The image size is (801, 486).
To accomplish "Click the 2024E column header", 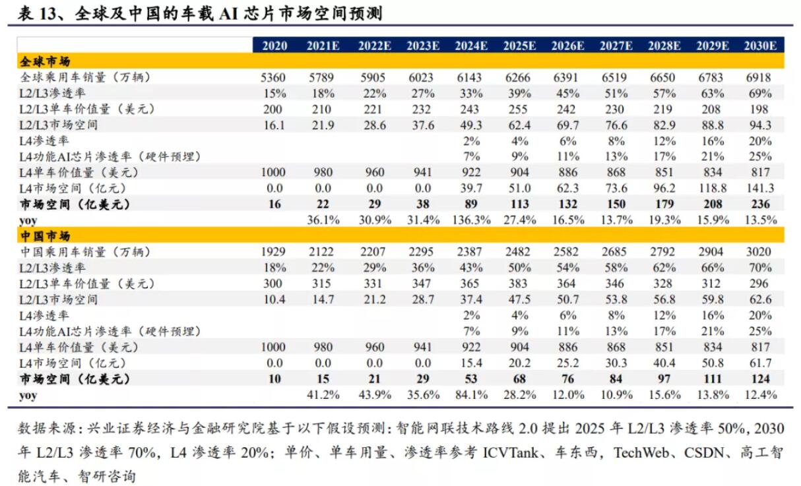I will click(470, 46).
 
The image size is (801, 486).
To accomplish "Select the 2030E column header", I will click(759, 46).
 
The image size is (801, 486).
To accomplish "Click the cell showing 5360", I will click(274, 77).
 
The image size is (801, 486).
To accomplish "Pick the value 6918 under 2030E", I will click(759, 77).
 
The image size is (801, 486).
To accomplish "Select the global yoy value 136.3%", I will click(470, 220).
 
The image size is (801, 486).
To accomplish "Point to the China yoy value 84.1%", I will click(470, 394).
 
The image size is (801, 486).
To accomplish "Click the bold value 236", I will click(759, 204).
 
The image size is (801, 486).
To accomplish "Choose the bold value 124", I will click(759, 379).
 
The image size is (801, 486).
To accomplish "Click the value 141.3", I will click(759, 188).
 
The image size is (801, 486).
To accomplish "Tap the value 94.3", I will click(759, 125).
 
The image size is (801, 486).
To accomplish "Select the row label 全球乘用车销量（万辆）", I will click(84, 77).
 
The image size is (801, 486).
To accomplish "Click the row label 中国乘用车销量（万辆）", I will click(84, 252).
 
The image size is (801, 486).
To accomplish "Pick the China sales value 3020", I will click(759, 252).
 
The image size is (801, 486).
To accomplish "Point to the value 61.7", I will click(759, 363).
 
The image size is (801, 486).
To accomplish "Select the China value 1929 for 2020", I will click(274, 252).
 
